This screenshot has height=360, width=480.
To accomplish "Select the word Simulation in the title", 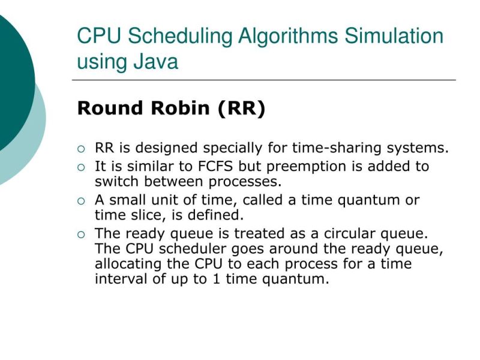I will tap(394, 36).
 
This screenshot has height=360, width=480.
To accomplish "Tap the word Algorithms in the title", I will tap(288, 36).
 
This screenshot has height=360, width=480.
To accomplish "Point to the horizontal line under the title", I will tap(264, 79).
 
